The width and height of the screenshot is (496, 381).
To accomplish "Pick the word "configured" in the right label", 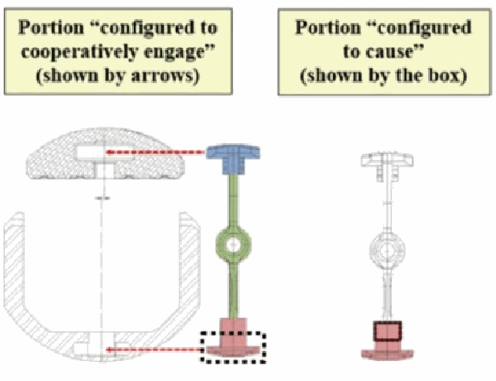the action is [425, 27].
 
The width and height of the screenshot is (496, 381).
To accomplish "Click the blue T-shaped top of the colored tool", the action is [233, 159].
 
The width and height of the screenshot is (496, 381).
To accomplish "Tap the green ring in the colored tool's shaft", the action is [234, 244].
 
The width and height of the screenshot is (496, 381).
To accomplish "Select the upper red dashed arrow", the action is [155, 152].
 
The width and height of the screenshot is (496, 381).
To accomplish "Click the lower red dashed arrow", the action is [155, 350].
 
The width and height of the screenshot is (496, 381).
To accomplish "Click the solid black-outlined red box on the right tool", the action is [388, 331].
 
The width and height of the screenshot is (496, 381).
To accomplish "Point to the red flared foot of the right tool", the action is [388, 354].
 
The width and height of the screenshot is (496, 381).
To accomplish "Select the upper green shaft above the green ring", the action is [233, 201].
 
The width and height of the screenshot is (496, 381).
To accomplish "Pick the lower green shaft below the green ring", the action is [233, 289].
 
